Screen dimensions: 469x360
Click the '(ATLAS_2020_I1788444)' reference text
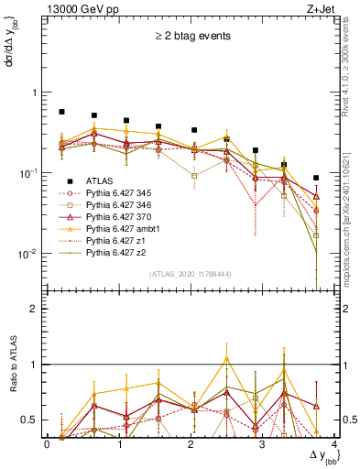[189, 273]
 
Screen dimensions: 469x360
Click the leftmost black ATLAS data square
[61, 112]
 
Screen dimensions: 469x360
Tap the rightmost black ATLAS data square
[316, 178]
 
